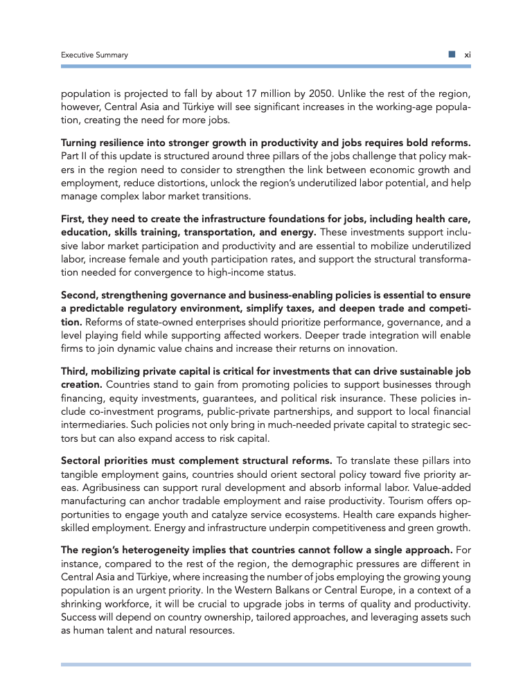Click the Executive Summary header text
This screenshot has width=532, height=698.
(x=94, y=55)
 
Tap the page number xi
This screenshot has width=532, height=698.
(x=467, y=55)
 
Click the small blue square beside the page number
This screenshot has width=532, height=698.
(x=451, y=54)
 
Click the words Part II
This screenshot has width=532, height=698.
(x=73, y=154)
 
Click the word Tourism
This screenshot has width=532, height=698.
(x=394, y=499)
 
